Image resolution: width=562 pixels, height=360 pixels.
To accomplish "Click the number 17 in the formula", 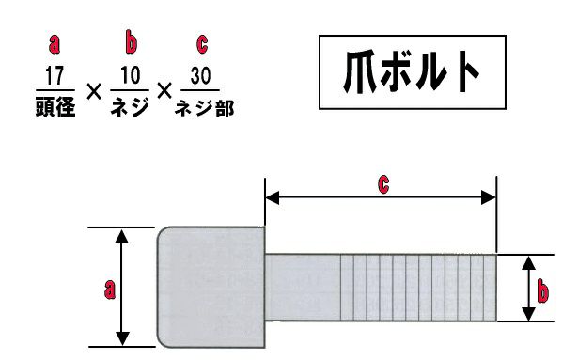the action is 55,75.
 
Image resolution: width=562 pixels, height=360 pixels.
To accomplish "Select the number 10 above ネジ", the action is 130,75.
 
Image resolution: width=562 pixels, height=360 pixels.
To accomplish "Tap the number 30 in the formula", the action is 200,75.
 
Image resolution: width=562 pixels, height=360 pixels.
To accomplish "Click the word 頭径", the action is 55,106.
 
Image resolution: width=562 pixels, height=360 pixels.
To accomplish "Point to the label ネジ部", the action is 204,108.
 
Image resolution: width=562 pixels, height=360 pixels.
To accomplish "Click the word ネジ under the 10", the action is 130,107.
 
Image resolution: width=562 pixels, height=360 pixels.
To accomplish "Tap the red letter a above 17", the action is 55,44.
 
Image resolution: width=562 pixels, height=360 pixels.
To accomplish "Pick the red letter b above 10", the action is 131,42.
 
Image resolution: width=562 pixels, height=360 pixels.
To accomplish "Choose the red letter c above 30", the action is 202,44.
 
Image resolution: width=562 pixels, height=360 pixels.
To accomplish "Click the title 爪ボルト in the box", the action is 412,71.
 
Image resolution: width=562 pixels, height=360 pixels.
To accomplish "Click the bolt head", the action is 211,288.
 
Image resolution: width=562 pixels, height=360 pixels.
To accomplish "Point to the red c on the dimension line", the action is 383,184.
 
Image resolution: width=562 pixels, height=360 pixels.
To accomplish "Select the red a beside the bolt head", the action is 110,290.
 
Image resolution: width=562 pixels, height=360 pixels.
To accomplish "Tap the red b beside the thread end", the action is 542,291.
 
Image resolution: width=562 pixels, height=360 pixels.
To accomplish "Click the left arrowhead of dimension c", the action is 272,197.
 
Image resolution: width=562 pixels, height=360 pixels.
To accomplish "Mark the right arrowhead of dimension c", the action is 489,197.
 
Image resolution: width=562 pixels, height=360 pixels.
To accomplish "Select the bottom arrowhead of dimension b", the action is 528,313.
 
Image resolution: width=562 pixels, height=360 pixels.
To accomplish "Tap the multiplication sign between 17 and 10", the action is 94,92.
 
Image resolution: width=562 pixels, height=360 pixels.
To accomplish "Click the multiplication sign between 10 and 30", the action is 164,91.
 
